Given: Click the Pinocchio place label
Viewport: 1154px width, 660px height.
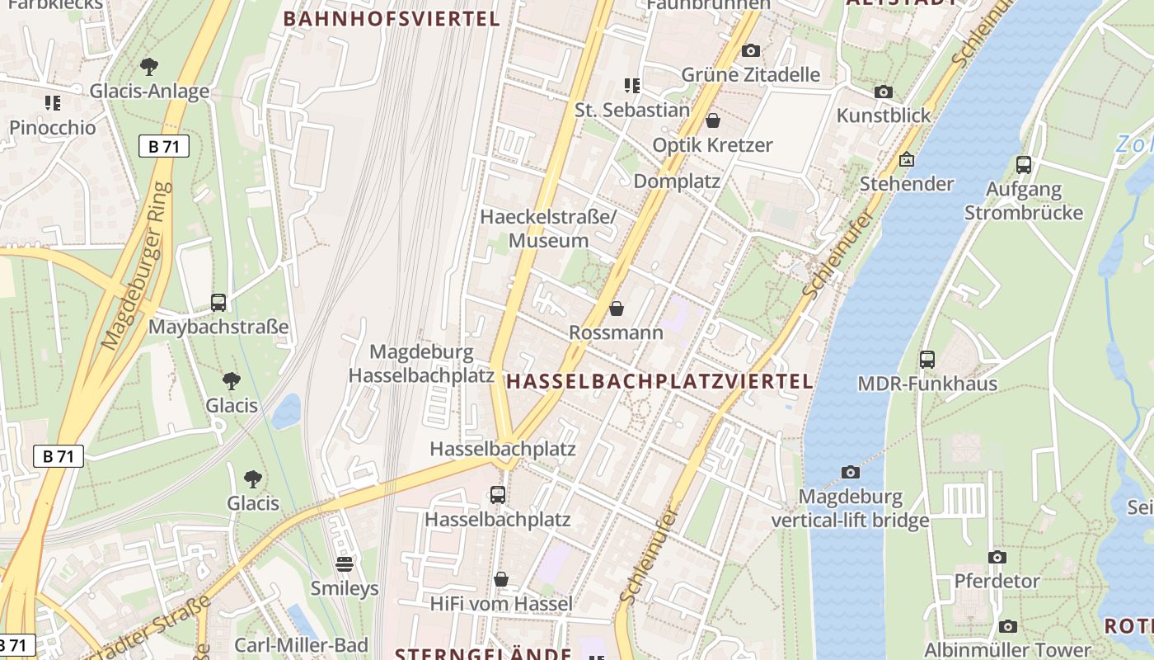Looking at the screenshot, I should tap(53, 128).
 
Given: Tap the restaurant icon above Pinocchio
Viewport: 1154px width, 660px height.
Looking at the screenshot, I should tap(53, 103).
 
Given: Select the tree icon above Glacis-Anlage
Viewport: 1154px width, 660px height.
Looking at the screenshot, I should tap(149, 66).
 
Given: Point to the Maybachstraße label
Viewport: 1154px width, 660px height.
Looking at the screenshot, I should tap(218, 327).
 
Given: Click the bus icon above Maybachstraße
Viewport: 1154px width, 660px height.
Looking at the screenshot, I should tap(218, 303).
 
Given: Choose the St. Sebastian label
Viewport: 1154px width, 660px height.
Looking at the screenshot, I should tap(632, 110).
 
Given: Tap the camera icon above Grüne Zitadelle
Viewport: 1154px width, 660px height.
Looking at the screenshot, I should tap(750, 51).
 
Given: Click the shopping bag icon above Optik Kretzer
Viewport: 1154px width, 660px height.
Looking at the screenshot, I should tap(713, 120).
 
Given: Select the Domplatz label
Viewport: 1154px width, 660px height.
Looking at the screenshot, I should tap(677, 181).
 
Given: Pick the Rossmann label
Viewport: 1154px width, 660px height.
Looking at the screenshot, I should tap(617, 332).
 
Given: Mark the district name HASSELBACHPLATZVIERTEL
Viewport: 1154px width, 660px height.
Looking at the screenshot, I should tap(659, 381).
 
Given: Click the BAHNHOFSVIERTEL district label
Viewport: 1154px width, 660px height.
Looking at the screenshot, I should tap(392, 19).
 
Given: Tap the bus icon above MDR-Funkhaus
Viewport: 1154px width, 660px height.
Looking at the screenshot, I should tap(927, 360).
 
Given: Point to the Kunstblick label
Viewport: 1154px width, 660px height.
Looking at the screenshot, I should tap(884, 115).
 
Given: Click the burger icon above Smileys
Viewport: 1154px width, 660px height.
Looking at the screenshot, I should tap(345, 564).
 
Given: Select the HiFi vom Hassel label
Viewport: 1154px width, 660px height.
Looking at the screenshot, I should tap(501, 604).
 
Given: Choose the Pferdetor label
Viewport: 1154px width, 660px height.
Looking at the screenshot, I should tap(997, 581).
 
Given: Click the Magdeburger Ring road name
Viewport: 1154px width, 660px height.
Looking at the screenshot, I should tap(138, 266).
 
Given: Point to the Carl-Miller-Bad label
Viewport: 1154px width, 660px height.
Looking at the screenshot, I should tap(301, 645).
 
